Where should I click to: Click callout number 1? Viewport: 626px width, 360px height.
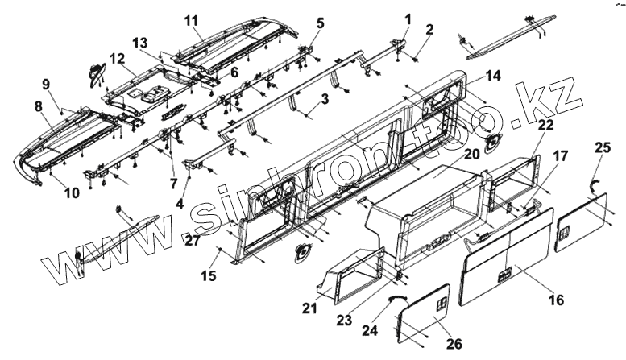click(x=408, y=19)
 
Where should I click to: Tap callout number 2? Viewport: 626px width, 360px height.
click(x=429, y=31)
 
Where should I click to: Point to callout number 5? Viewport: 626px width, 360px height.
click(x=320, y=23)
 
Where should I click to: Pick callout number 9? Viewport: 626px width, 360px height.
click(x=46, y=84)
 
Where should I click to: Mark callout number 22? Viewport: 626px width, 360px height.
click(x=546, y=126)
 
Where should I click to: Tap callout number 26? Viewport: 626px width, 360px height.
click(x=454, y=344)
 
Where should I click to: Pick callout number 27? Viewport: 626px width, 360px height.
click(x=191, y=240)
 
